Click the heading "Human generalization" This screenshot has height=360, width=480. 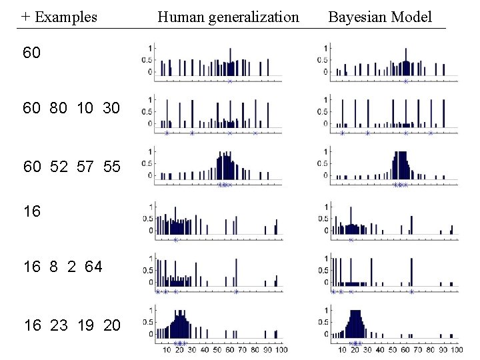[228, 17]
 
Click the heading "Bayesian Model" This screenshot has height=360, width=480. [380, 17]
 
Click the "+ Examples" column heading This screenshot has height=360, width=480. [59, 17]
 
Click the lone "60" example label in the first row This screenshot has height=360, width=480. [31, 52]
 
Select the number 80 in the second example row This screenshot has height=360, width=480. [59, 109]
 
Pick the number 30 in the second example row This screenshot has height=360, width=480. [112, 109]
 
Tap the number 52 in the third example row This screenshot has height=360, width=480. [59, 166]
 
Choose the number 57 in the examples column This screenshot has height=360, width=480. [85, 166]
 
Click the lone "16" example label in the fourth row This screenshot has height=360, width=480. [31, 211]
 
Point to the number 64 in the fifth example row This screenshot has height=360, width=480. [94, 267]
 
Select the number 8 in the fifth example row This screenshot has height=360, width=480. [53, 267]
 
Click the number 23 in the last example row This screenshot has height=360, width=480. [59, 325]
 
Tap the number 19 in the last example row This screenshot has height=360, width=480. [85, 325]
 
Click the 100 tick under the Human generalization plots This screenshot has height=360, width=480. [281, 349]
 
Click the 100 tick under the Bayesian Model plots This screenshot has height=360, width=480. [457, 349]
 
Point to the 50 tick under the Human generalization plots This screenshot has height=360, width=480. [217, 349]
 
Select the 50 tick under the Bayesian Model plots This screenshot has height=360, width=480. [393, 349]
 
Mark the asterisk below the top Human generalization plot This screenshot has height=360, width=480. [229, 81]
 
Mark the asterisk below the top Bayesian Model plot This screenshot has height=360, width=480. [405, 81]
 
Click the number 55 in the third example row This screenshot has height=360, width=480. [112, 166]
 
